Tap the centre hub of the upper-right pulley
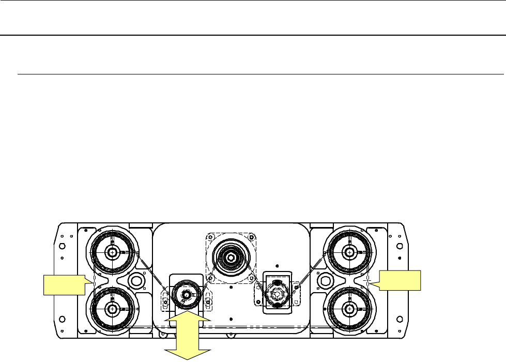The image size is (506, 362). pyautogui.click(x=350, y=252)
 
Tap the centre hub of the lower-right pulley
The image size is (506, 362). pyautogui.click(x=350, y=309)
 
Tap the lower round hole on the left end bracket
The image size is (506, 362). pyautogui.click(x=62, y=317)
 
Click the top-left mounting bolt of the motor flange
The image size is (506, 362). pyautogui.click(x=209, y=237)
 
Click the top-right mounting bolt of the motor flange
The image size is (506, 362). pyautogui.click(x=251, y=237)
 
